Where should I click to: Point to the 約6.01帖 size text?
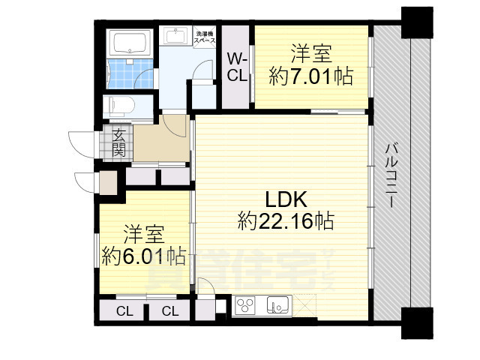coord(144,255)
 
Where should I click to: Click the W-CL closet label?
coord(238,67)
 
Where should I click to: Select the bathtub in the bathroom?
coord(130,43)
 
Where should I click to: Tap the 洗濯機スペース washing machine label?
coord(205,38)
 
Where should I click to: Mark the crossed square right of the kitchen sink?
coord(306,306)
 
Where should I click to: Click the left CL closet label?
coord(124,310)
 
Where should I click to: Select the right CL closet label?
coord(169,310)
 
